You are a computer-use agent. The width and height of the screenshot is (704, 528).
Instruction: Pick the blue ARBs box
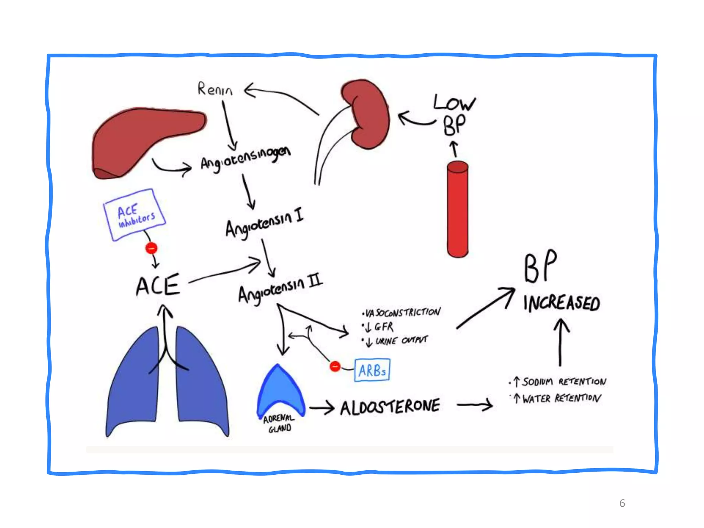click(x=372, y=370)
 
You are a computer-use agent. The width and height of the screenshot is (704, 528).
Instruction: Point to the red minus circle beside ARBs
click(x=335, y=366)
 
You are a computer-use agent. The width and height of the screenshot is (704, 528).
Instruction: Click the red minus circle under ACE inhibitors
click(x=151, y=248)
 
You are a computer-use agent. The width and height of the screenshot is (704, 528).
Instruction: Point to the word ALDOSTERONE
click(x=390, y=407)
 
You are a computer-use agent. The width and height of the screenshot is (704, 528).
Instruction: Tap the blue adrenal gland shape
click(x=280, y=392)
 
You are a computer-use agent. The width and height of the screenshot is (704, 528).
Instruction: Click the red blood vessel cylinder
click(x=458, y=210)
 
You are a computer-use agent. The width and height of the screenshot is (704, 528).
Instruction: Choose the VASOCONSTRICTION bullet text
click(x=402, y=312)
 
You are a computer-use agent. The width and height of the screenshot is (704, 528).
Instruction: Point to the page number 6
click(x=622, y=503)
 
